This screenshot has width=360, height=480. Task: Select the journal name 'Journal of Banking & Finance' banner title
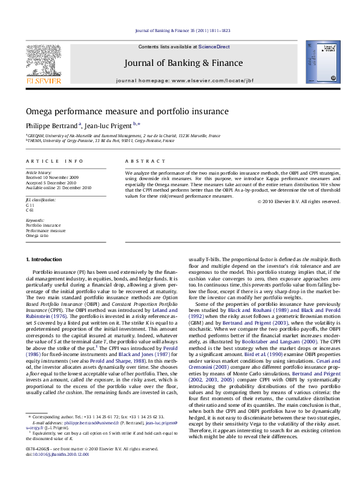[x=183, y=63]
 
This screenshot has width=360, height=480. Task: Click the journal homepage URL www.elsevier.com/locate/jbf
[x=205, y=80]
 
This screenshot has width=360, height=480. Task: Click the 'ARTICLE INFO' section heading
[x=54, y=161]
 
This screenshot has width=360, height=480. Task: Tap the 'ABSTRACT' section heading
[x=145, y=161]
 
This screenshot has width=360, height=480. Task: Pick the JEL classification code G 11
[x=30, y=206]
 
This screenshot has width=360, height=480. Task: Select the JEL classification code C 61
[x=30, y=210]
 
